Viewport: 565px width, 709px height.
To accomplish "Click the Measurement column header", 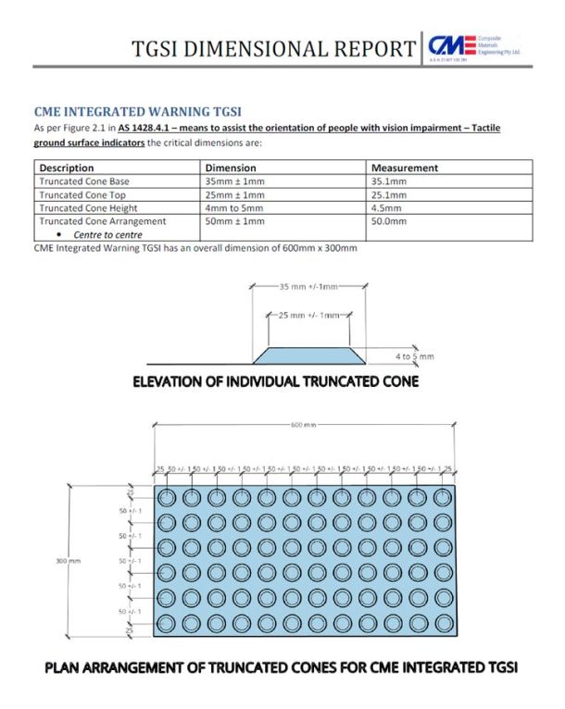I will click(x=405, y=168).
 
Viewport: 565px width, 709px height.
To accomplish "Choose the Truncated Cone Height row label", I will click(x=91, y=208).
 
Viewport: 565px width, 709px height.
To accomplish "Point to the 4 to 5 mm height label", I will click(x=413, y=355).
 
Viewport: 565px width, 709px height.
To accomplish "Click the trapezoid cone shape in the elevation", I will click(x=311, y=354).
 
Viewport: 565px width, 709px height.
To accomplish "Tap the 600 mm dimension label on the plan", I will click(x=303, y=425).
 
